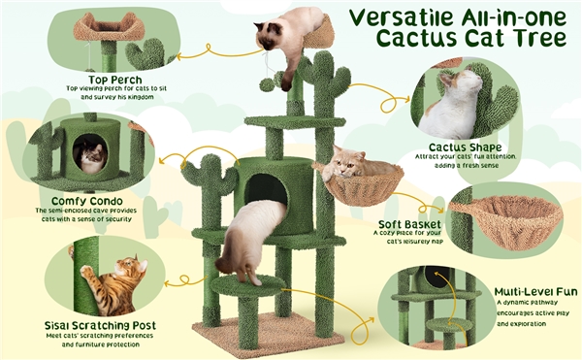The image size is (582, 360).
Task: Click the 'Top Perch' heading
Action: pos(115,80)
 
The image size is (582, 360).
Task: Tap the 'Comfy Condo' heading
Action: pos(87,201)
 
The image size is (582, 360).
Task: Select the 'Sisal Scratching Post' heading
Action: pos(100,325)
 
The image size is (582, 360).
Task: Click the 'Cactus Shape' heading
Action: pos(465,147)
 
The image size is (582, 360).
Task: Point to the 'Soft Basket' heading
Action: pos(409,224)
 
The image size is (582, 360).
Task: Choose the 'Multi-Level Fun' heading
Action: pos(535,291)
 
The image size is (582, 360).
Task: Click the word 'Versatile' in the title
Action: pos(402,17)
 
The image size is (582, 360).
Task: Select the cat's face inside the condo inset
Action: pos(90,157)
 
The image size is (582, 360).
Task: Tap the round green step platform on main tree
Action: pos(247,285)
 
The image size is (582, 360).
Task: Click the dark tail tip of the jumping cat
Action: pos(223,265)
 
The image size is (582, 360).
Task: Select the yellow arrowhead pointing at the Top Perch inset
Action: pos(179,57)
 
